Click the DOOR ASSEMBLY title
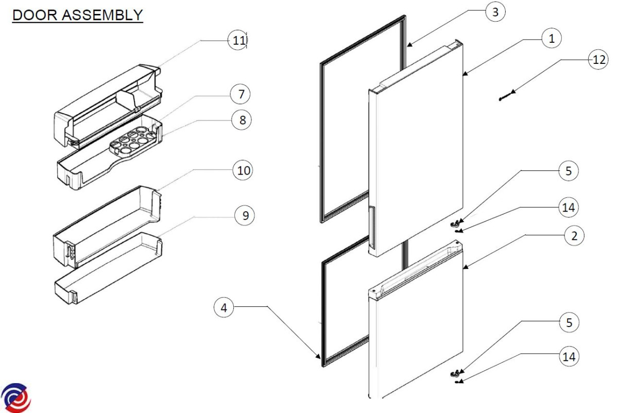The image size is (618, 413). [x=77, y=15]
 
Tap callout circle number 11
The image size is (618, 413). [x=237, y=41]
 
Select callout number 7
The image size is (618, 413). [x=240, y=94]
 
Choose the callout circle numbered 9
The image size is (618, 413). [x=245, y=216]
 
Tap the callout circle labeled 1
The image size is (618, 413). [x=552, y=38]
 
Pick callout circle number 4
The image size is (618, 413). [x=224, y=308]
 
